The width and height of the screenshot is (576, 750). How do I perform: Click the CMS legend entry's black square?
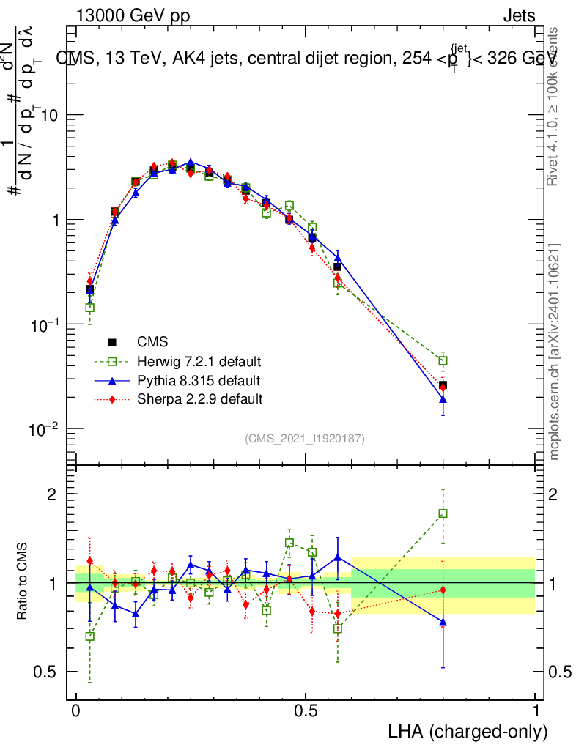coord(113,341)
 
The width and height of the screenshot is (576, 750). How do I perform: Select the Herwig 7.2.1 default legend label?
coord(199,361)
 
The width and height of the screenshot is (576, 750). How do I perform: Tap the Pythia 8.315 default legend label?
coord(198,380)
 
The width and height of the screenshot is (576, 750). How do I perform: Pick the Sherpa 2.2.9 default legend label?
coord(199,399)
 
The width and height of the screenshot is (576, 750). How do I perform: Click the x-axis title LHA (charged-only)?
coord(468,731)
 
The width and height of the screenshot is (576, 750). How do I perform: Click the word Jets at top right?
coord(518,15)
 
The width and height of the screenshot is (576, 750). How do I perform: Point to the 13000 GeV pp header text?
coord(132,15)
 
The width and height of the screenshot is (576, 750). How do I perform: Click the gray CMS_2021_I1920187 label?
coord(305,438)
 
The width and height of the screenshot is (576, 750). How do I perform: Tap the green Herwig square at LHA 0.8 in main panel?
coord(443,360)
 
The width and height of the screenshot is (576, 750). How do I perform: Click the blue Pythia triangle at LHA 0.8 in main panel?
coord(443,399)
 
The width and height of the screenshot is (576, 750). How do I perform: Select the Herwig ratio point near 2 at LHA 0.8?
coord(443,513)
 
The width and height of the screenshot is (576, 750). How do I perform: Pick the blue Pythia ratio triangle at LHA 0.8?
coord(443,622)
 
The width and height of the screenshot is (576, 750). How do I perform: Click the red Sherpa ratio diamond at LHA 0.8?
coord(443,590)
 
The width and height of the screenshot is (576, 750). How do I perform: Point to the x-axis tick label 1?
coord(536,711)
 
